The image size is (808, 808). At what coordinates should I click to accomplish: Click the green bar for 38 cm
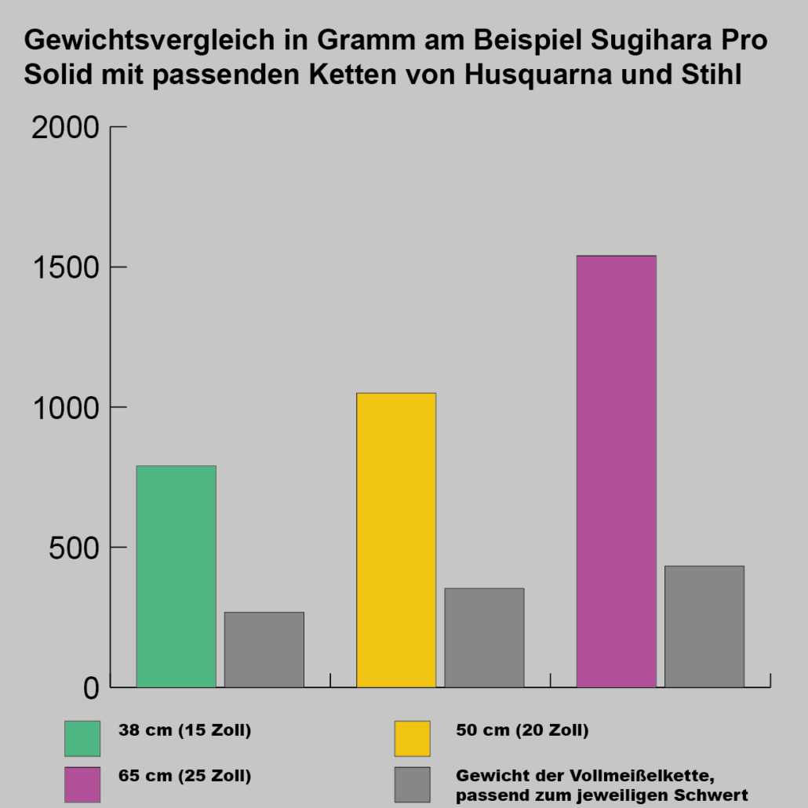[x=176, y=577]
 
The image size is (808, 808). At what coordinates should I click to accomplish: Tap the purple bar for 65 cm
[x=616, y=471]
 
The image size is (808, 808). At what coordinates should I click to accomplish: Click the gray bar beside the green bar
[x=264, y=650]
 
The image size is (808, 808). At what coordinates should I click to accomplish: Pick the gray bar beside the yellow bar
[x=484, y=638]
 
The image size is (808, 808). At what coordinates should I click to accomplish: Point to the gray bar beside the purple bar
[x=704, y=626]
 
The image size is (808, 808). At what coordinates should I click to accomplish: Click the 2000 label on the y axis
[x=65, y=127]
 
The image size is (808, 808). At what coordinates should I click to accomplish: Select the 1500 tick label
[x=65, y=268]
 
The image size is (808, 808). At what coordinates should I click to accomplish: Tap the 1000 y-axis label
[x=65, y=407]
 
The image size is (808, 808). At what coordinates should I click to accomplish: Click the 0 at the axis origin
[x=91, y=688]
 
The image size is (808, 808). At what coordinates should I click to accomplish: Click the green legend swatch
[x=82, y=738]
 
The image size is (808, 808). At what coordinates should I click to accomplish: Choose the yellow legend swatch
[x=412, y=738]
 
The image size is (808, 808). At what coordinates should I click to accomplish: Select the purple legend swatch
[x=82, y=784]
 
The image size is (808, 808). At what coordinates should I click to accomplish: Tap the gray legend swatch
[x=412, y=784]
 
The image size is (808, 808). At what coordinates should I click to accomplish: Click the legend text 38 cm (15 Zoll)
[x=185, y=731]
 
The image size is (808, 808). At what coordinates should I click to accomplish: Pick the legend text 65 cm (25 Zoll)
[x=185, y=777]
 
